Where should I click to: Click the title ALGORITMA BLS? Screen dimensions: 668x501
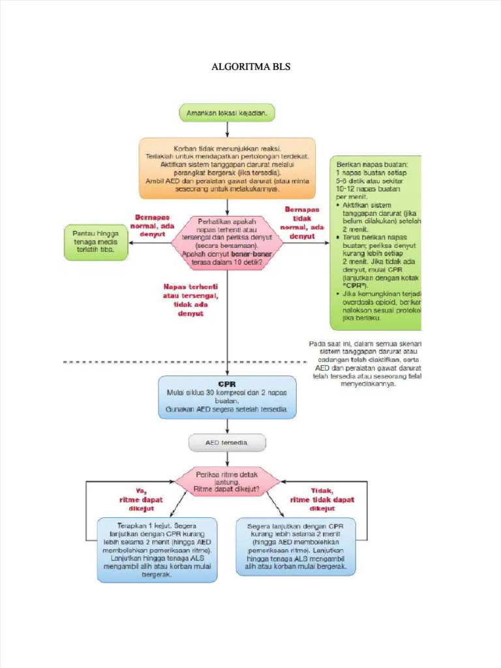(251, 67)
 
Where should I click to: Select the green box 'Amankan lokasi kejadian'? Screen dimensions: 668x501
(227, 113)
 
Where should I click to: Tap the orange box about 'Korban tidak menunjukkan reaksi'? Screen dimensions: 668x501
(227, 168)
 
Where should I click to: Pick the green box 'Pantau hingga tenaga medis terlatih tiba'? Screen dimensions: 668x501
(95, 242)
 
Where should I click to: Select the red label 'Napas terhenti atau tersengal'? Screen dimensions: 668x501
(190, 299)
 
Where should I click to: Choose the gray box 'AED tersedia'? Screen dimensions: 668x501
(227, 443)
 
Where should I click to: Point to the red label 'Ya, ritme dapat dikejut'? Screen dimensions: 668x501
(141, 500)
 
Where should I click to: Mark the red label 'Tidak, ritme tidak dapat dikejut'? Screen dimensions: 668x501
(322, 500)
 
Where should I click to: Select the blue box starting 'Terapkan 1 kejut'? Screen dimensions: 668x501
(157, 549)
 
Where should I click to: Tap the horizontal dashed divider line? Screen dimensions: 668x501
(130, 361)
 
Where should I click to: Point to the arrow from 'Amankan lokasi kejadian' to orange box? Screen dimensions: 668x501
(227, 129)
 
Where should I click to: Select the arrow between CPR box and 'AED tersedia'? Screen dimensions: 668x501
(227, 427)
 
